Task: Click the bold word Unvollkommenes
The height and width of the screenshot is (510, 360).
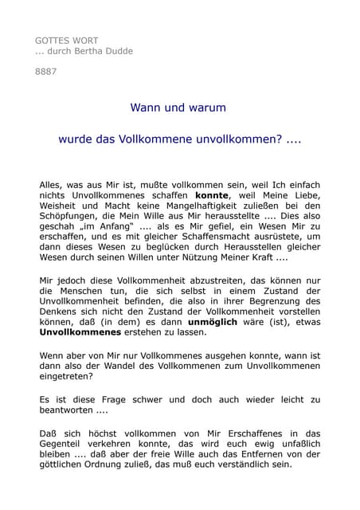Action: (80, 332)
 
